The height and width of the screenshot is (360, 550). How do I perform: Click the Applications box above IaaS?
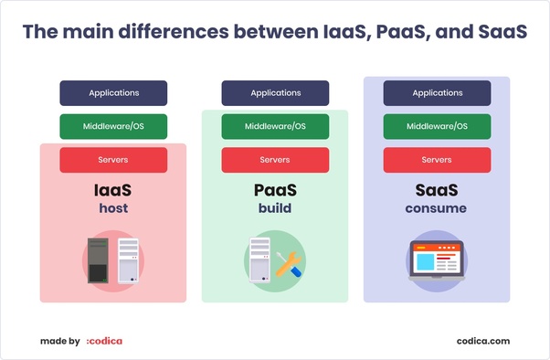coord(113,93)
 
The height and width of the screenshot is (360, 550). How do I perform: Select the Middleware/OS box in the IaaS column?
coord(113,127)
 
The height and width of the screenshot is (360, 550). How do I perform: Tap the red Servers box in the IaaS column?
coord(113,160)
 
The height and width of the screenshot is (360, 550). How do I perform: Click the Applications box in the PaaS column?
coord(275,93)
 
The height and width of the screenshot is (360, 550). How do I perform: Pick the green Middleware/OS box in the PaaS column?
coord(275,127)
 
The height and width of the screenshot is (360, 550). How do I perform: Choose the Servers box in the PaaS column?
coord(275,160)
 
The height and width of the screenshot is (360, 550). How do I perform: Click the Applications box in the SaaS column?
coord(437,93)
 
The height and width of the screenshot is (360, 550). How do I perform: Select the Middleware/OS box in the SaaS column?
coord(437,127)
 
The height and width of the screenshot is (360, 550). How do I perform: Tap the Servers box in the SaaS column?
coord(437,160)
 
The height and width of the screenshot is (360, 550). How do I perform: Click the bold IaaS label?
coord(113,191)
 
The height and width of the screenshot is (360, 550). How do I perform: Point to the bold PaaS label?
coord(275,191)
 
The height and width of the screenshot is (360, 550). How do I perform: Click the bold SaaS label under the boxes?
coord(437,191)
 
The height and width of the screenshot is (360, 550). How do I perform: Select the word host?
coord(113,209)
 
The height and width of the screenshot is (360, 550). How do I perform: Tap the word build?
coord(275,209)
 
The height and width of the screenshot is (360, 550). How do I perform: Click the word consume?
coord(437,209)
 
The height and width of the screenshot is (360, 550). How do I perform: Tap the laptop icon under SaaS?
coord(437,259)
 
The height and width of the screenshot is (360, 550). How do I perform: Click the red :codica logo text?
coord(104,341)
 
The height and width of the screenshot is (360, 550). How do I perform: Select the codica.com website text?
coord(483,341)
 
